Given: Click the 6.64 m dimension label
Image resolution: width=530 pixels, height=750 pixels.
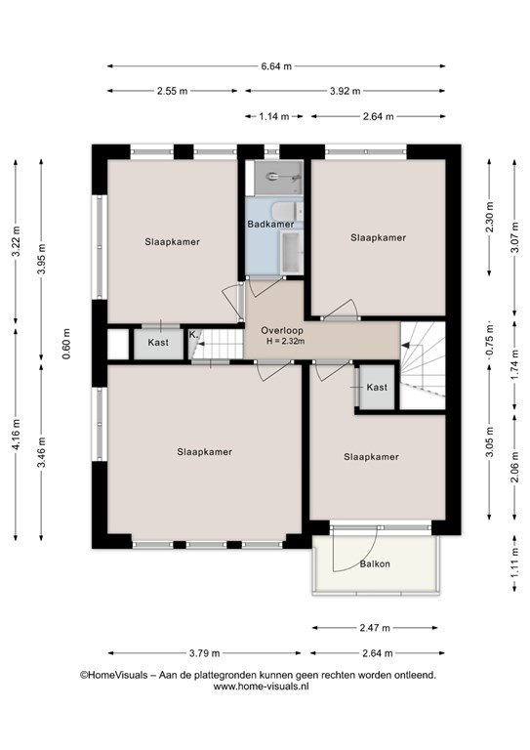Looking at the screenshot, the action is (276, 66).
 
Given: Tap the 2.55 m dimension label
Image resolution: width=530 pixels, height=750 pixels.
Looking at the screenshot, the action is (173, 91).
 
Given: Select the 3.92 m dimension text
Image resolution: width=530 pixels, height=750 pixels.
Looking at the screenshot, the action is (346, 91).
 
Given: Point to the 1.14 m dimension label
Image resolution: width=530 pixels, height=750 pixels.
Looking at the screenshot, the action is (274, 116).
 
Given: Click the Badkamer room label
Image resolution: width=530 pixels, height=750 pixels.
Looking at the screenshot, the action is (270, 224).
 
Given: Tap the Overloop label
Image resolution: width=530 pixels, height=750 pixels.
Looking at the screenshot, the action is (282, 330).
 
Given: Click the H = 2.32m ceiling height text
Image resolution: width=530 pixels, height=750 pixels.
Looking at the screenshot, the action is (286, 341).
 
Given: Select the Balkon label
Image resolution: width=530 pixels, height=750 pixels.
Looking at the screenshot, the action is (375, 563).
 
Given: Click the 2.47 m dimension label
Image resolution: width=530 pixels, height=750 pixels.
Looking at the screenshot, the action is (375, 628).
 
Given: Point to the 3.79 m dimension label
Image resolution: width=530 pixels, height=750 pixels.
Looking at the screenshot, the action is (205, 653).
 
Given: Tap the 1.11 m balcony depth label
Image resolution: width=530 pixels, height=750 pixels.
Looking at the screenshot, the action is (514, 568).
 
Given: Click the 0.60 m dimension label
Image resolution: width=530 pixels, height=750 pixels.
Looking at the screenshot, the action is (66, 344).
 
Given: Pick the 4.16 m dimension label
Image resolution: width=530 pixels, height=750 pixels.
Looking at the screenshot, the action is (16, 434).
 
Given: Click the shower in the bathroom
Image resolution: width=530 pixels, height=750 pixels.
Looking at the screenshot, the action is (278, 178).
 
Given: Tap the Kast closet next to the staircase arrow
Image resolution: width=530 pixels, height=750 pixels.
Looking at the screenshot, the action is (377, 388).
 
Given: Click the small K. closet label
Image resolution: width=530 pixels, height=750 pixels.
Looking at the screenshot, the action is (193, 334).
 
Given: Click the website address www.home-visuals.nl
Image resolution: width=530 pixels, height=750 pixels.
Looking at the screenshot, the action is (261, 686).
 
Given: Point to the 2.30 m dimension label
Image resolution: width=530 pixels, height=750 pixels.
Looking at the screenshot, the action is (489, 217).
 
